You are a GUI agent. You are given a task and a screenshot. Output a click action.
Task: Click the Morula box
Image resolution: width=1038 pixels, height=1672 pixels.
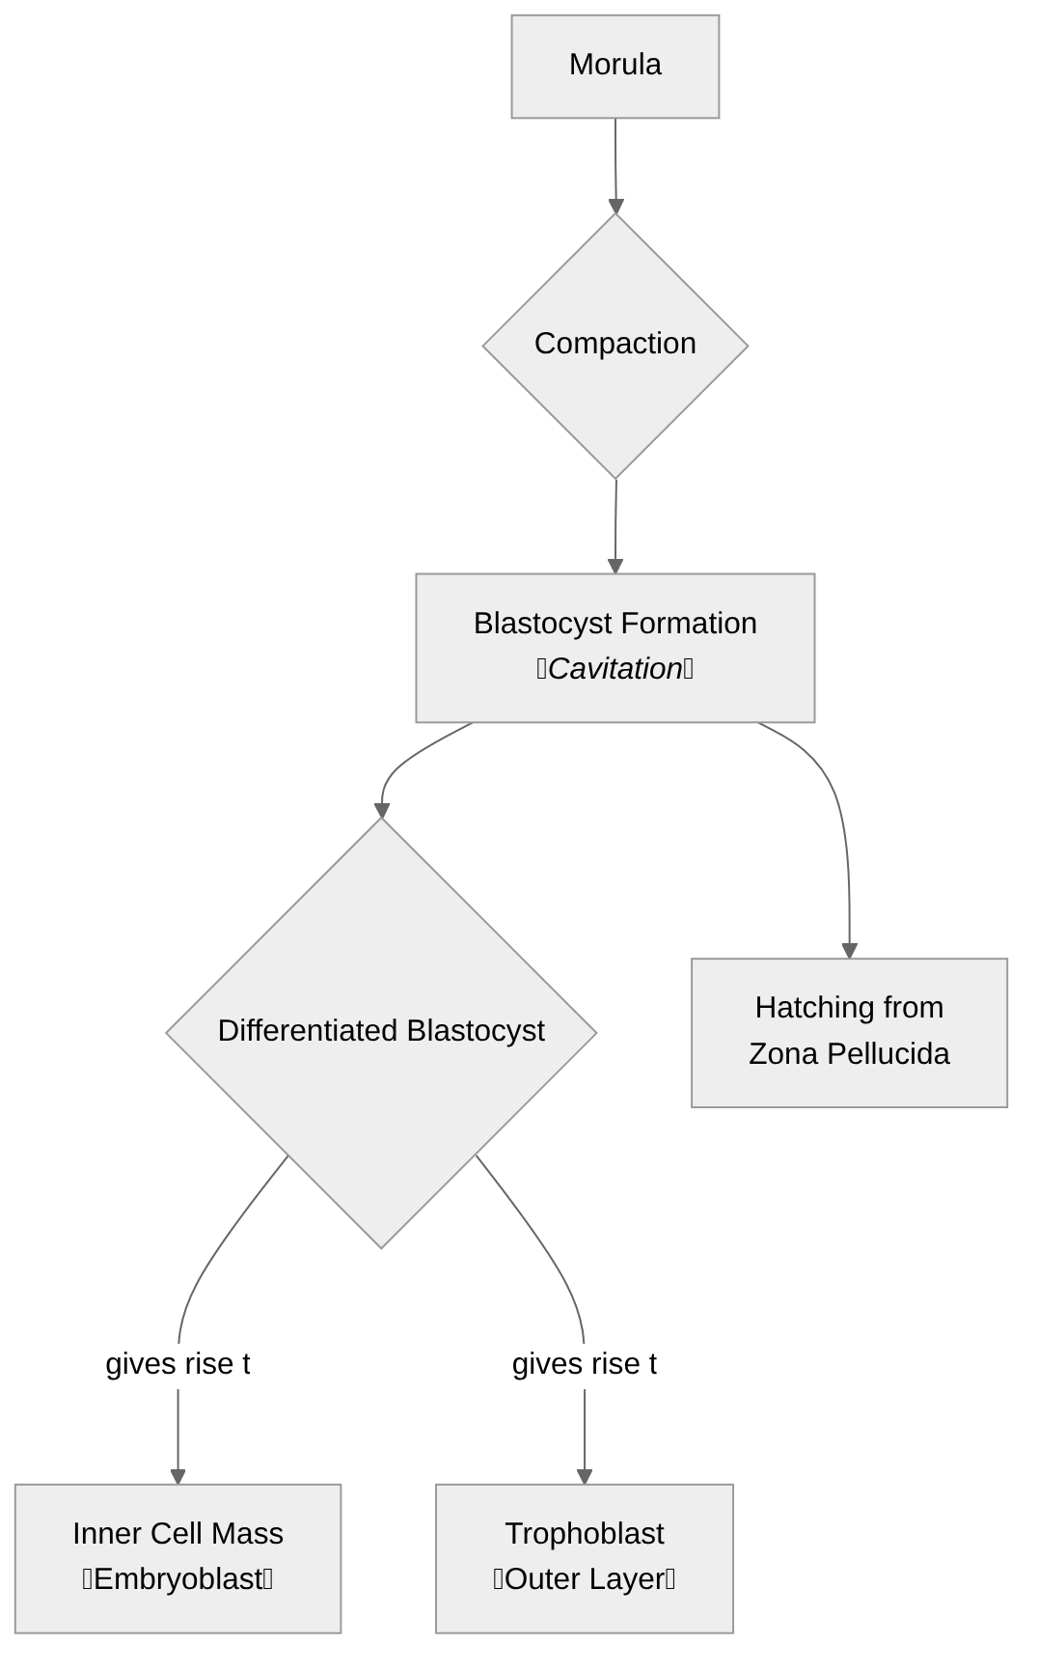615,66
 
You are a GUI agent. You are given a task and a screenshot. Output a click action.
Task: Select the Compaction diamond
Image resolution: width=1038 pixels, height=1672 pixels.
615,345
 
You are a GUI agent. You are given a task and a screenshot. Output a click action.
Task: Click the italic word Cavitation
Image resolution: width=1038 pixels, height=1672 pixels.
615,669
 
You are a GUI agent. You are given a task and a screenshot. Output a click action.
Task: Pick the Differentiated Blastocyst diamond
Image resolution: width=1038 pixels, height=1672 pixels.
381,1032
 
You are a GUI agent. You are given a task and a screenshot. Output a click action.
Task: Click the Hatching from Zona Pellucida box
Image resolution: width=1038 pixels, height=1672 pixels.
848,1031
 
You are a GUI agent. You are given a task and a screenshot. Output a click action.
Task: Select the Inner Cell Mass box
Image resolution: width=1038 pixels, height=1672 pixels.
178,1557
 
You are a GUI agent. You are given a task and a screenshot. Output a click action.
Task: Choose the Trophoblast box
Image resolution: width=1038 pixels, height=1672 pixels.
584,1557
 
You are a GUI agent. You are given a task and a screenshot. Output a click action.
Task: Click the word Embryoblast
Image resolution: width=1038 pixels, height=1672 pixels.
178,1579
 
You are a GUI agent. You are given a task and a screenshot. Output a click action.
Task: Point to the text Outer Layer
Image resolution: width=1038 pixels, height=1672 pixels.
584,1579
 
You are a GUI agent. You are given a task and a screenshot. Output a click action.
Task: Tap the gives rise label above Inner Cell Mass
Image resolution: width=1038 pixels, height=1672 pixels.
178,1364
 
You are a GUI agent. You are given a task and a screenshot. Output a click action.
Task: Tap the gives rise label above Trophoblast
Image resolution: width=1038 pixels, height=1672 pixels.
584,1364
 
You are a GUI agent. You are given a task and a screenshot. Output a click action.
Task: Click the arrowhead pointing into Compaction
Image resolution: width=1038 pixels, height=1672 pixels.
615,207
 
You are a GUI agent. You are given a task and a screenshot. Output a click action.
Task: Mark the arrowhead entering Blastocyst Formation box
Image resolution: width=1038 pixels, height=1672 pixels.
615,567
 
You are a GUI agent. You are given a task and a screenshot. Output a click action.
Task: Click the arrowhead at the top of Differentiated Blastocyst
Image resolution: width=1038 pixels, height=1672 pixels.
382,810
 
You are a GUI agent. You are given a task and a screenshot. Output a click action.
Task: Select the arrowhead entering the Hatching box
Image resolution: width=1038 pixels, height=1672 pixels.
849,951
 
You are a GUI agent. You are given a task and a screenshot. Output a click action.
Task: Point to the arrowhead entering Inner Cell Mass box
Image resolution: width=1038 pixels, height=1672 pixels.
178,1477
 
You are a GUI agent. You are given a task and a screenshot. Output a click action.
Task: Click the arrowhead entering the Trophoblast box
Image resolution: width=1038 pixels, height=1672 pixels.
584,1477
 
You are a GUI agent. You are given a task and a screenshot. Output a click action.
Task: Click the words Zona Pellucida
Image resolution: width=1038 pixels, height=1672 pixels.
848,1053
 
